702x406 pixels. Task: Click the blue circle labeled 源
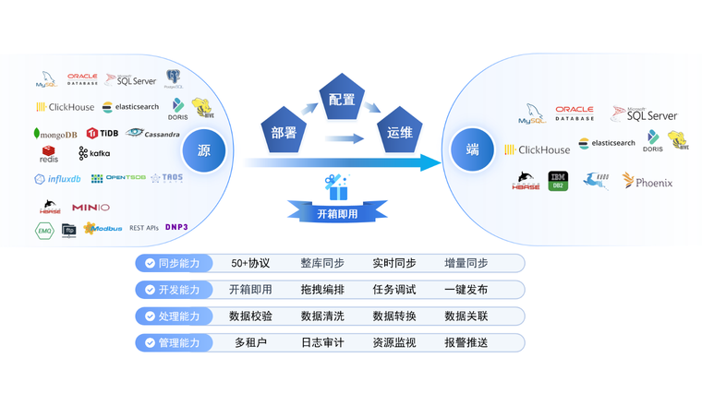(x=204, y=149)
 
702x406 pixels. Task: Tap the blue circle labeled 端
(x=472, y=149)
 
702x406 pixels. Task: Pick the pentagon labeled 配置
(x=341, y=100)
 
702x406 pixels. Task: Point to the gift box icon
(x=335, y=185)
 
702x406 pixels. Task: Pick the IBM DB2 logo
(x=558, y=181)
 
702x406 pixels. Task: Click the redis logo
(x=49, y=153)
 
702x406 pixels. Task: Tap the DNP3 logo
(x=177, y=227)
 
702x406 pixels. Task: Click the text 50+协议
(x=251, y=263)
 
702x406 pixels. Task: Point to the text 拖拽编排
(x=322, y=290)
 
